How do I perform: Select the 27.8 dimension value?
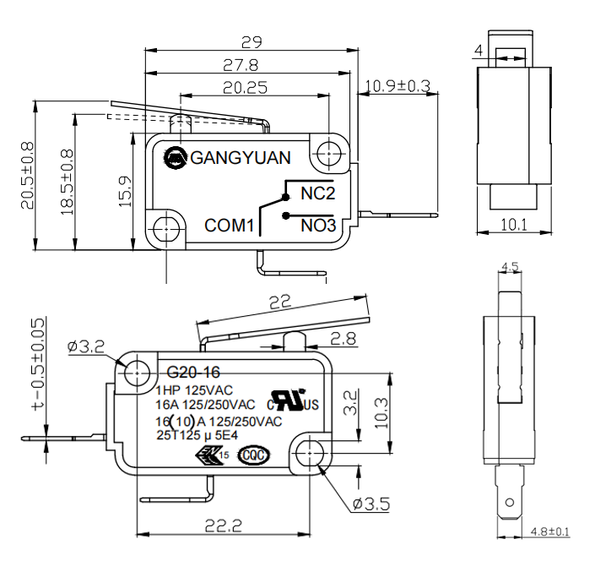coord(241,64)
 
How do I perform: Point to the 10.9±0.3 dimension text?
coord(398,85)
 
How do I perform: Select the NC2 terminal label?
coord(318,193)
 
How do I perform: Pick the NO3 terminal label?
coord(318,226)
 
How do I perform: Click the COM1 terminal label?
coord(230,226)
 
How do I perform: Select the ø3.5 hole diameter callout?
coord(371,504)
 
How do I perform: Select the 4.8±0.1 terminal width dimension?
coord(550,531)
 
